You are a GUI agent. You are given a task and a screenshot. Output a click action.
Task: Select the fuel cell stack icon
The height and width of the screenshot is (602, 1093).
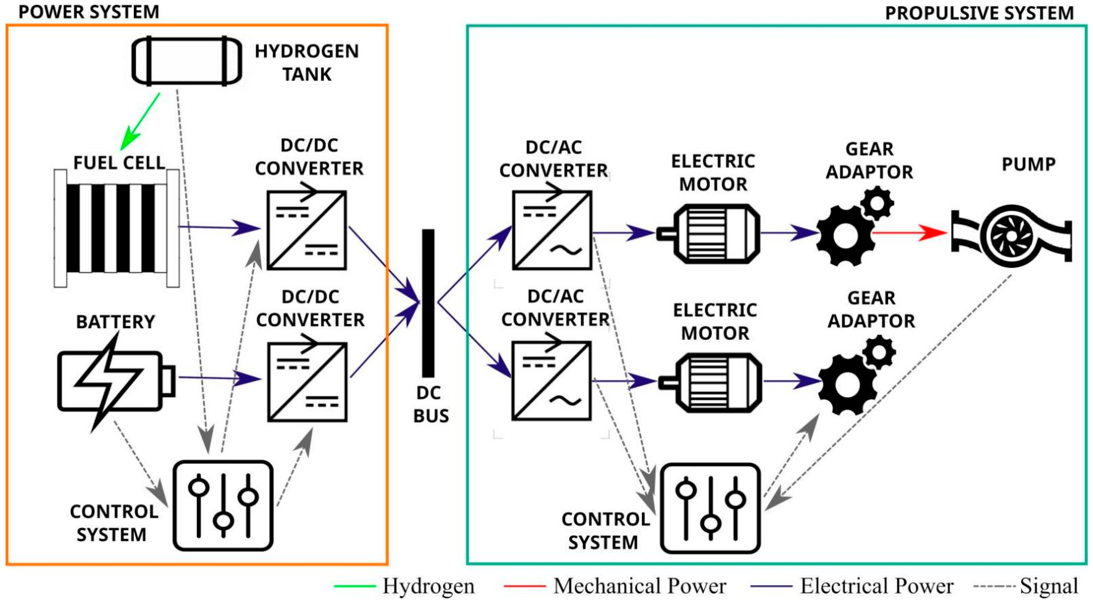tap(117, 228)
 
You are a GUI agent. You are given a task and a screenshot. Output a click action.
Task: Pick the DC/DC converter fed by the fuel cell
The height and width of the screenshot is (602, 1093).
tap(306, 230)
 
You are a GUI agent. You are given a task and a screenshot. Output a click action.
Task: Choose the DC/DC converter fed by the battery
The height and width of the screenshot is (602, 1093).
tap(307, 382)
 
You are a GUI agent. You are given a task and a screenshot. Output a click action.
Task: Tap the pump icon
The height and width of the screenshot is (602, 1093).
tap(1012, 236)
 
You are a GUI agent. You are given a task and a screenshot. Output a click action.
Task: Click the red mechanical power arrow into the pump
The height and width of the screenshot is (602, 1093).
tap(908, 233)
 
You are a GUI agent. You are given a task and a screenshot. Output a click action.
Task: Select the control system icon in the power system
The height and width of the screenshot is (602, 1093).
tap(223, 505)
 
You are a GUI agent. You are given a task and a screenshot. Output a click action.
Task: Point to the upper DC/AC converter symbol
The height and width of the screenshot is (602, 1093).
tap(552, 230)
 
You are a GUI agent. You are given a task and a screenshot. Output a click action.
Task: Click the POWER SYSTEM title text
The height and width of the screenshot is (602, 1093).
tap(89, 12)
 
